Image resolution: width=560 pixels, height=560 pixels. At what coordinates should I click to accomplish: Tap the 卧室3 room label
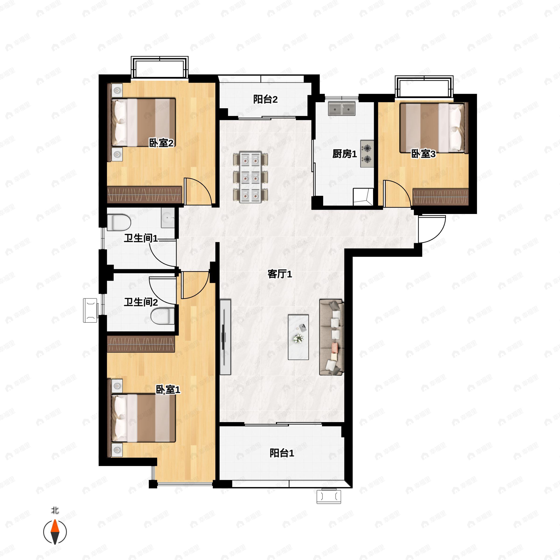[423, 154]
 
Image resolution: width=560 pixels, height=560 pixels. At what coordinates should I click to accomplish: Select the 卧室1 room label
[168, 390]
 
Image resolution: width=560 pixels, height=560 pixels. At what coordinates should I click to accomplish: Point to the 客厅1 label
[280, 274]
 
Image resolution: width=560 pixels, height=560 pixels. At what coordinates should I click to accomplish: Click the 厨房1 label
[344, 154]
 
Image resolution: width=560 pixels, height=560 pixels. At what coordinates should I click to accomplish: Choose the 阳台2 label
[265, 99]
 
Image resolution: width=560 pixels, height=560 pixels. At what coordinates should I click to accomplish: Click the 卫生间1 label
[141, 238]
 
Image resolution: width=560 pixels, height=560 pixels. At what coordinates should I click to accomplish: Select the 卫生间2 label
[141, 302]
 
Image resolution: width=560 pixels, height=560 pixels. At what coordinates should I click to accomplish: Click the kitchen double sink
[342, 108]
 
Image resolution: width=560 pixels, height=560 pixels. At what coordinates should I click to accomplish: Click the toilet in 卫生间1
[119, 222]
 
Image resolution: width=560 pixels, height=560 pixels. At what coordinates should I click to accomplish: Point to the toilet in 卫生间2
[163, 316]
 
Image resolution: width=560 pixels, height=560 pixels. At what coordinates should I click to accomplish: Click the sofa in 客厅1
[332, 337]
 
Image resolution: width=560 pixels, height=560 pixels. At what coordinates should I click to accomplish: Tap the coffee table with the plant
[298, 337]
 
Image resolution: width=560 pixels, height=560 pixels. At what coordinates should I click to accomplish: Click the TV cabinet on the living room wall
[225, 337]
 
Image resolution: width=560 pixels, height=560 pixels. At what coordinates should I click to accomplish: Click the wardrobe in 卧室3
[441, 197]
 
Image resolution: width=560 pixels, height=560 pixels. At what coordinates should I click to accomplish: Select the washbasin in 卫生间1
[168, 218]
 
